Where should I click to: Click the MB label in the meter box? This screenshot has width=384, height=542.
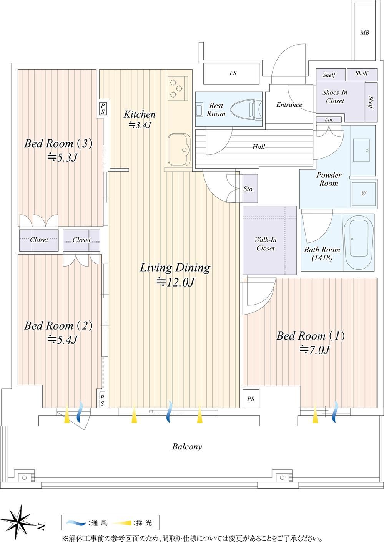point(365,32)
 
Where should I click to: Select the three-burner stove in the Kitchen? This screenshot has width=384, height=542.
point(178,89)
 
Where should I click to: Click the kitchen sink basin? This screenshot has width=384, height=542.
point(179,150)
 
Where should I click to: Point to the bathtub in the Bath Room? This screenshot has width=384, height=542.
point(358,242)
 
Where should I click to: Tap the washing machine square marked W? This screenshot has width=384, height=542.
point(364,194)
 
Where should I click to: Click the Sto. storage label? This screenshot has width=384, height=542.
point(249,189)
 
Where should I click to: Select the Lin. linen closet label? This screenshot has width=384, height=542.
point(329,119)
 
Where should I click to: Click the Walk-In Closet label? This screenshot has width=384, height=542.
point(266,244)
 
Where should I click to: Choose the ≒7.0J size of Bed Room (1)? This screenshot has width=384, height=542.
point(315,350)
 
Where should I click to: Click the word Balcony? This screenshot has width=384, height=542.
point(187,447)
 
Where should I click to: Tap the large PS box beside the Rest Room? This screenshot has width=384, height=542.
point(231,73)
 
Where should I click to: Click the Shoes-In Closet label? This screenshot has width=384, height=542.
point(335,96)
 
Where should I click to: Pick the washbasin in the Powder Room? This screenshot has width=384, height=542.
point(361,150)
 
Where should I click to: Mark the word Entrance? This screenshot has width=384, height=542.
point(289,105)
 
